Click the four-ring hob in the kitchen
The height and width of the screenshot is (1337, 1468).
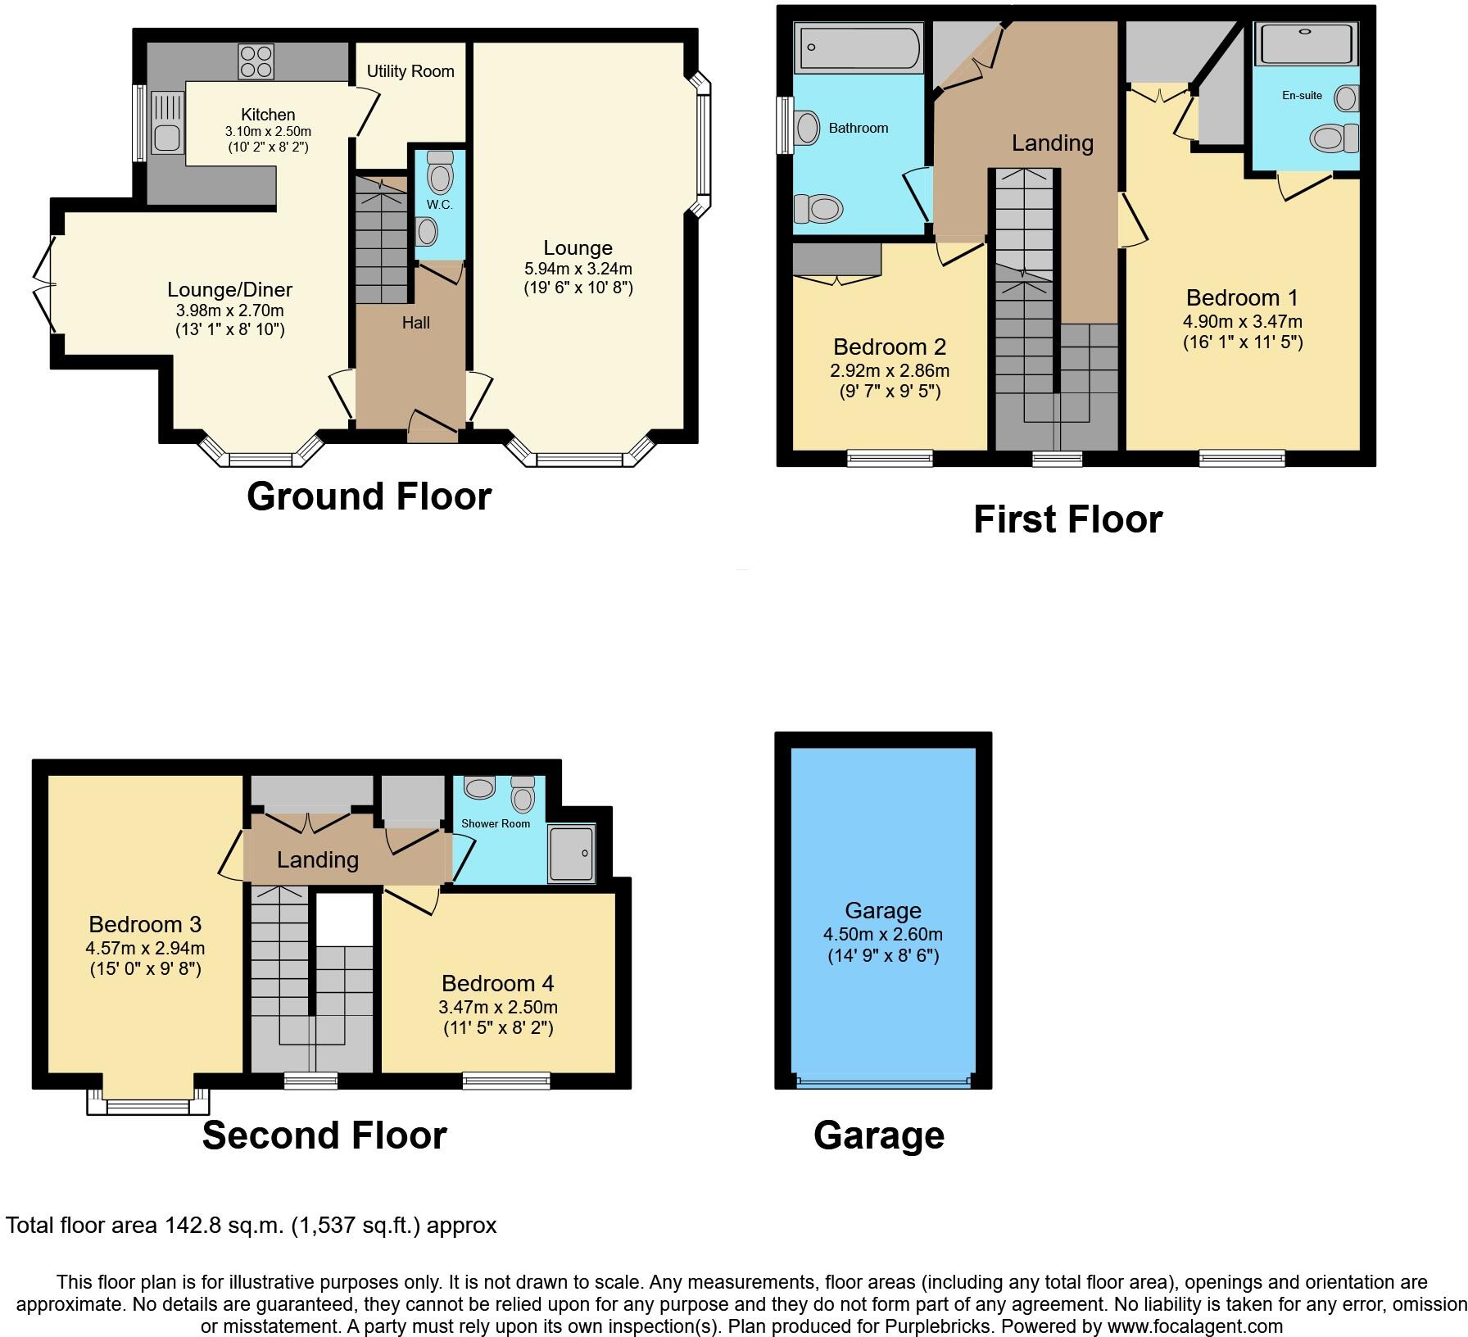click(256, 61)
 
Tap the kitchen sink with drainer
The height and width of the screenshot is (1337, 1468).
click(167, 123)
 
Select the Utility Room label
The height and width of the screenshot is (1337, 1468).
click(410, 71)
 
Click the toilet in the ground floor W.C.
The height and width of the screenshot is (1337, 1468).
click(441, 174)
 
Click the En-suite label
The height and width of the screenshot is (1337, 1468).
click(1302, 95)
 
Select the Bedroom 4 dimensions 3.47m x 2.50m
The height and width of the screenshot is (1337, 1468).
click(499, 1007)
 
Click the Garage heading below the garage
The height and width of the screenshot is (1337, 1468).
click(878, 1135)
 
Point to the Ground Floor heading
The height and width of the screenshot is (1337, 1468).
click(369, 496)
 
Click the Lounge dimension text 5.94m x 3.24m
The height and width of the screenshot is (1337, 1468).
click(578, 268)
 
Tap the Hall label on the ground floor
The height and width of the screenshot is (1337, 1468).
click(415, 323)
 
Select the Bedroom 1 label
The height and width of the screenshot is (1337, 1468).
click(1242, 297)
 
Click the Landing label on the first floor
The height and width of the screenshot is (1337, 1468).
click(1052, 143)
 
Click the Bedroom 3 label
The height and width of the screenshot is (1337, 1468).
click(145, 924)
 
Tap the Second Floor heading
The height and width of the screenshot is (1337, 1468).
click(324, 1135)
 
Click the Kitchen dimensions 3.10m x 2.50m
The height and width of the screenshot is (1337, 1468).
click(268, 131)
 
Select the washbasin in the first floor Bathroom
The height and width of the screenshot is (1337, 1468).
click(807, 128)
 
